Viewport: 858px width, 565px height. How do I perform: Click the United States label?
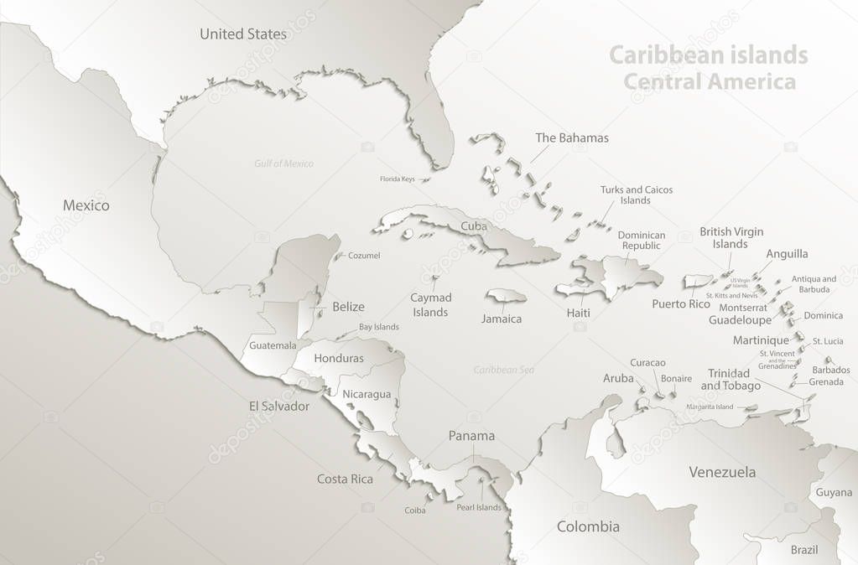point(243,34)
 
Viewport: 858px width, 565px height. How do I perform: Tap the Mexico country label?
point(86,205)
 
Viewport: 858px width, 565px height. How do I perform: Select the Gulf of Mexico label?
point(283,163)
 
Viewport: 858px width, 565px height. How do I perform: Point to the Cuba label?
point(474,226)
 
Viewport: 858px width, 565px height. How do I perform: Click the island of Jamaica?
point(506,296)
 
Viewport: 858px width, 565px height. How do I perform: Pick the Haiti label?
point(578,313)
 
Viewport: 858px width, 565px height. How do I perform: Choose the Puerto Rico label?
point(681,303)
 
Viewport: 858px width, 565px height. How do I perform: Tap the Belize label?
point(348,307)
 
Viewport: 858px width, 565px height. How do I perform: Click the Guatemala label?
point(273,345)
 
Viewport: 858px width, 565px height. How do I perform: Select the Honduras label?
point(339,358)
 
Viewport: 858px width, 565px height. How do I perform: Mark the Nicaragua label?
point(367,394)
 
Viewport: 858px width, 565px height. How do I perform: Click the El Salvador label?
point(278,407)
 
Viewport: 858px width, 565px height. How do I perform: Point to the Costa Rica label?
point(345,479)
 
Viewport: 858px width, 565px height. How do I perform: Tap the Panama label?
point(471,436)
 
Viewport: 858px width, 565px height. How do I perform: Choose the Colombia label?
point(588,526)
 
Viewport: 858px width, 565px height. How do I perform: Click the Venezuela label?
point(722,472)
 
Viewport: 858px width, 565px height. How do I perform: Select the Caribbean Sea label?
point(504,370)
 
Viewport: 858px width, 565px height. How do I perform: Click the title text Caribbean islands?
point(708,55)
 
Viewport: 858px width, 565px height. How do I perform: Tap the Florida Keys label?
point(397,179)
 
